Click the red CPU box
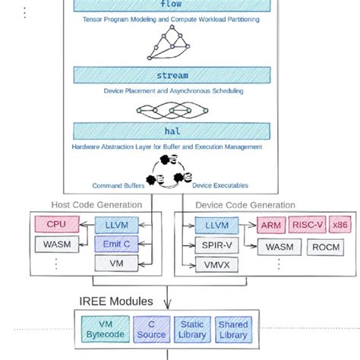point(57,225)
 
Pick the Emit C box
point(116,245)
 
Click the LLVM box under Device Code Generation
point(216,226)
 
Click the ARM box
point(271,226)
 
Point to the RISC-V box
point(308,226)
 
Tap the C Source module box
point(151,329)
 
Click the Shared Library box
point(232,329)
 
